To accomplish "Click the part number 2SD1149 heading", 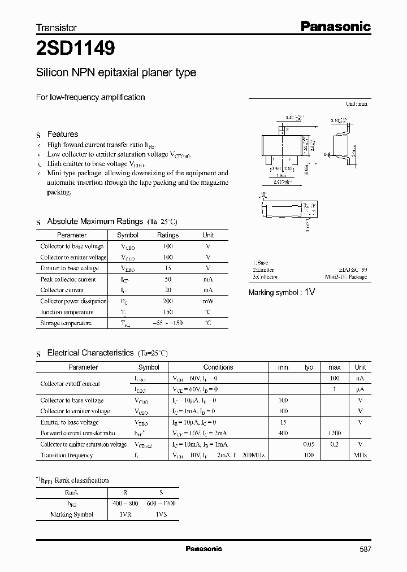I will [x=76, y=49].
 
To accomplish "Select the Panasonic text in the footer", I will [x=204, y=549].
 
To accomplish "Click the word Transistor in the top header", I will [x=57, y=27].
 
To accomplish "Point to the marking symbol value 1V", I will [x=309, y=292].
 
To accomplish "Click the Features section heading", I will [x=62, y=134].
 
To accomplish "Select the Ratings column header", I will [x=168, y=235].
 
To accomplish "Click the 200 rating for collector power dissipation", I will [x=168, y=301].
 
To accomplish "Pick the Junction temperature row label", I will [x=67, y=312].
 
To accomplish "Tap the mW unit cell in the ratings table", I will [x=208, y=301].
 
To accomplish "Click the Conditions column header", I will [x=218, y=367].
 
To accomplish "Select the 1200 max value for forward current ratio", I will [x=334, y=433].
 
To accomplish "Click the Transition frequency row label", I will [x=66, y=455].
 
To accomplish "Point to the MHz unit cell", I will [x=360, y=455].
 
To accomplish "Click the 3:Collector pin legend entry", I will [x=265, y=277].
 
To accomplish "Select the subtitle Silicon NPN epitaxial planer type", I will [x=116, y=72].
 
